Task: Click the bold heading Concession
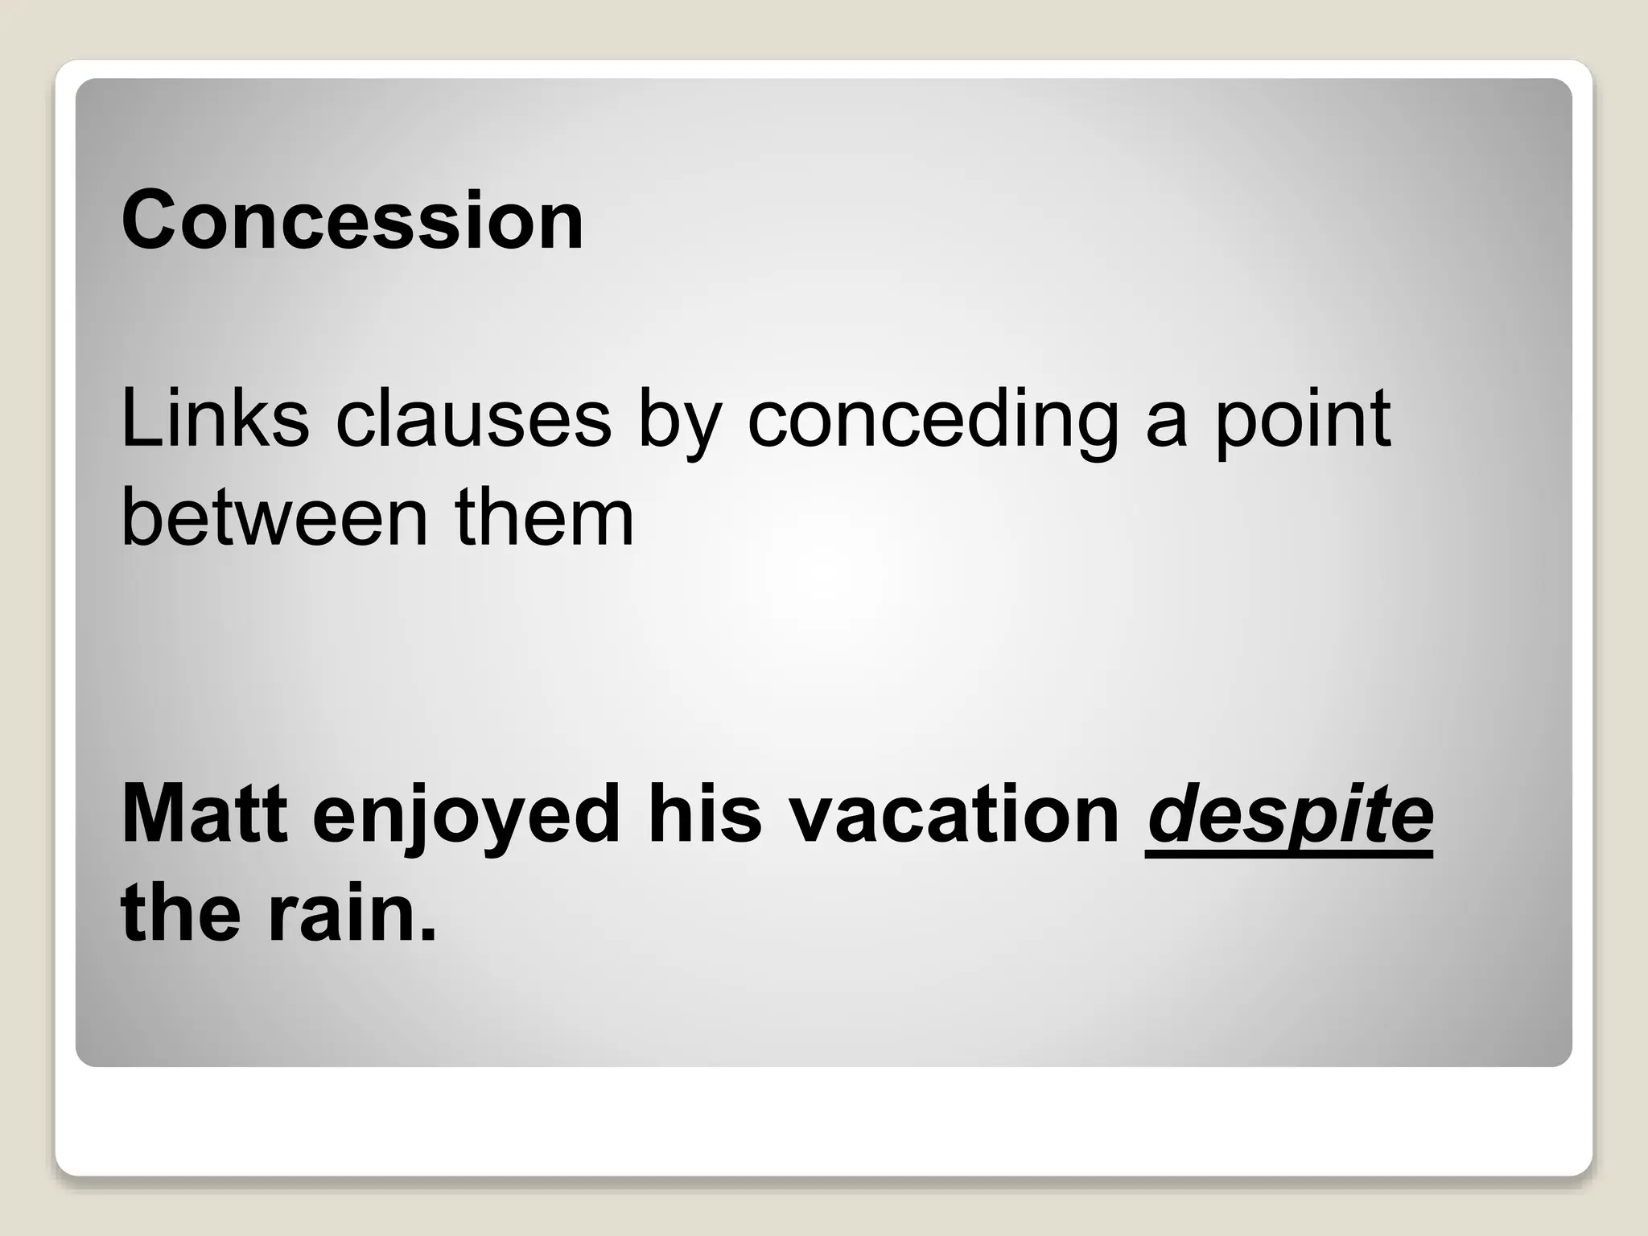[352, 220]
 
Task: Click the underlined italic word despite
[1289, 819]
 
